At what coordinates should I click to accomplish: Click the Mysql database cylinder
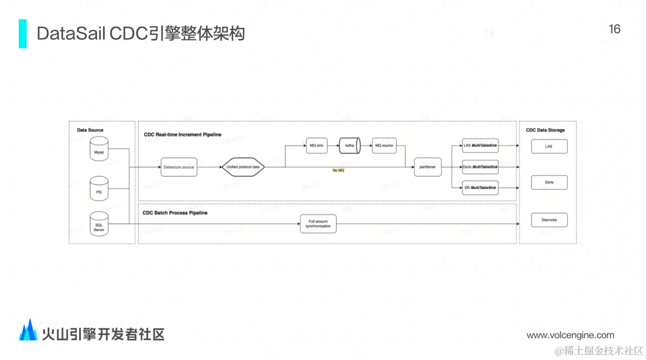point(99,150)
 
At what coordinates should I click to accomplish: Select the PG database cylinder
point(99,188)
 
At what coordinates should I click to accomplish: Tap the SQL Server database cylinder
point(99,224)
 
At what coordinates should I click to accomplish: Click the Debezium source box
point(179,167)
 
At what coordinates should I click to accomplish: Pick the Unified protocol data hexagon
point(243,167)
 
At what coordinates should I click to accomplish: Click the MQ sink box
point(315,146)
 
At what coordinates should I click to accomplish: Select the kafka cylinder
point(350,146)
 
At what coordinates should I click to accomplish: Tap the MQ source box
point(384,146)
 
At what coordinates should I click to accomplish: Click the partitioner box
point(427,167)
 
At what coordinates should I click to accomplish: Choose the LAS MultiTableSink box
point(480,146)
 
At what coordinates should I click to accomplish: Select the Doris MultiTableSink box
point(480,167)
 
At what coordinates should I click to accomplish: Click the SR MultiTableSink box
point(480,189)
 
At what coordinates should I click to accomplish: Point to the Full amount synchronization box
point(318,224)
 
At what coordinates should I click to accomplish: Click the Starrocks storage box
point(549,220)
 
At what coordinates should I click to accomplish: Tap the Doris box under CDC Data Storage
point(549,182)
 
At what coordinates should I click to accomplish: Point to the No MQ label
point(338,170)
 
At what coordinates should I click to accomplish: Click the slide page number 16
point(614,29)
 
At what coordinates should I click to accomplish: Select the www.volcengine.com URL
point(570,335)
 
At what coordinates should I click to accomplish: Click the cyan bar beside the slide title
point(23,33)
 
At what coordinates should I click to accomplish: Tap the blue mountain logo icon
point(28,331)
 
